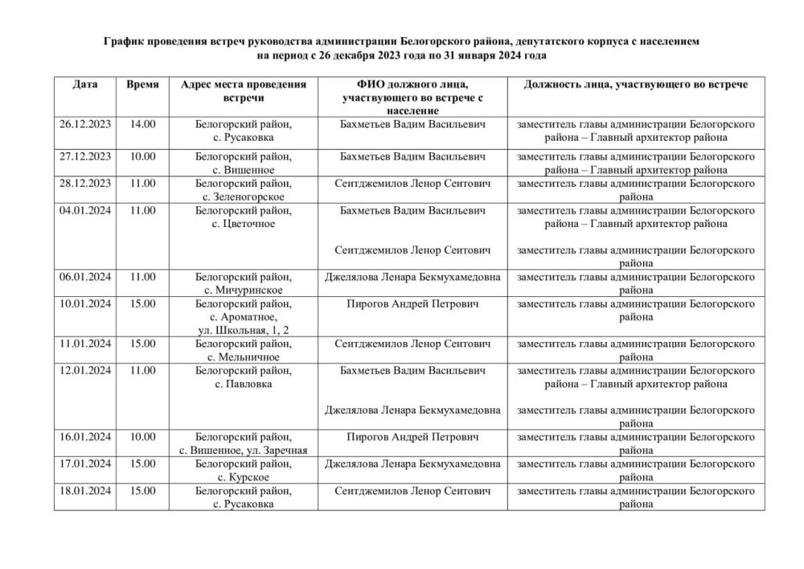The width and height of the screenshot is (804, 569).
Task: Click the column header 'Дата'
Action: point(84,85)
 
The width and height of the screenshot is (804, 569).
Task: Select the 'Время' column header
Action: point(142,85)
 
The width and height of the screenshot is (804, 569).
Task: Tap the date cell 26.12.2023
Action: point(84,125)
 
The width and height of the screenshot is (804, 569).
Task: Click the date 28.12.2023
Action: point(84,183)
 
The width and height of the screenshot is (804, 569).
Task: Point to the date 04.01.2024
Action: point(84,211)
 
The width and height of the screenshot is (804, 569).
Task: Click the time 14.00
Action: point(142,125)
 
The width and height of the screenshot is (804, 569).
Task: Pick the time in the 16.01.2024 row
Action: point(142,437)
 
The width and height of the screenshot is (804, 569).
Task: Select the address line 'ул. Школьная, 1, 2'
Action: point(244,330)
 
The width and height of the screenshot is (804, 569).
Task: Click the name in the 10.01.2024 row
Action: point(412,304)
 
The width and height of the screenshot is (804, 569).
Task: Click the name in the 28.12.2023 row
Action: point(412,183)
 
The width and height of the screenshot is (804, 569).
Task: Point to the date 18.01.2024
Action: point(84,491)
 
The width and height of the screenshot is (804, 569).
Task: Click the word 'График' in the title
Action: point(125,41)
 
